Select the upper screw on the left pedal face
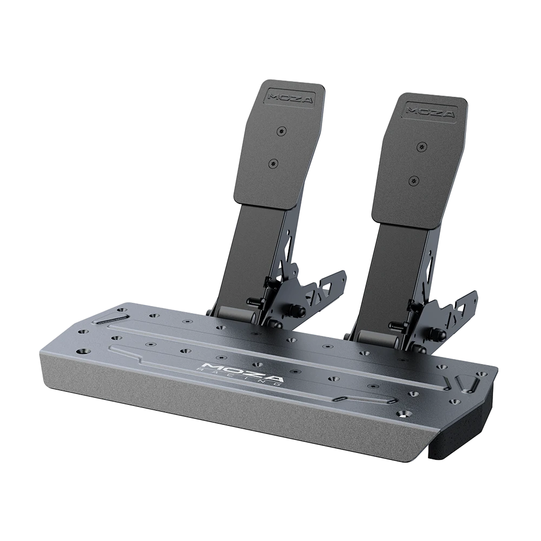[x=280, y=131]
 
